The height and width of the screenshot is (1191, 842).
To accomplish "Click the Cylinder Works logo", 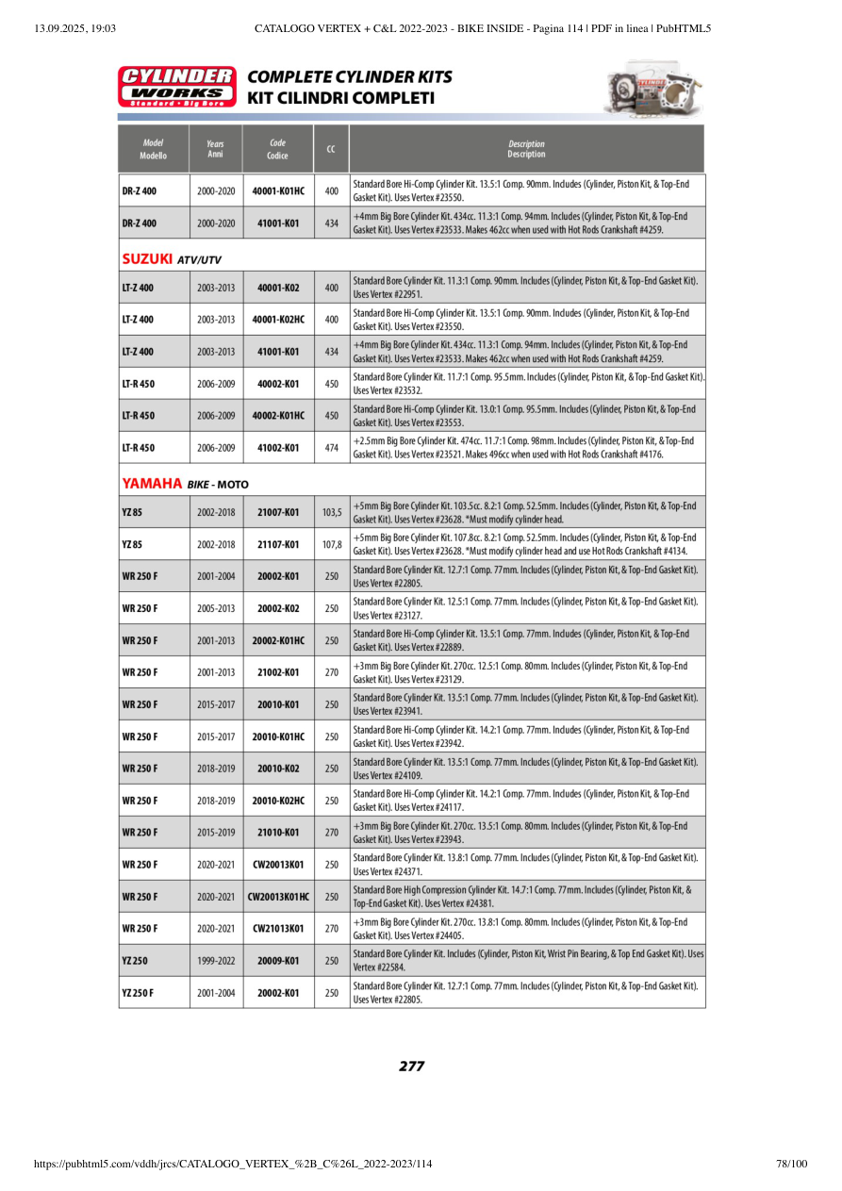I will [176, 86].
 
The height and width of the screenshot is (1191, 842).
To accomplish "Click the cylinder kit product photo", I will [653, 89].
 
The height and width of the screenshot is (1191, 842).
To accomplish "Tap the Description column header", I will [526, 149].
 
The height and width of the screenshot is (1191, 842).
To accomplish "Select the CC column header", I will [331, 149].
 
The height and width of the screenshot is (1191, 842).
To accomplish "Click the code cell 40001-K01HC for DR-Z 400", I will [278, 191].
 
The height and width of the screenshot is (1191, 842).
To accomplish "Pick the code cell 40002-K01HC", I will [278, 416].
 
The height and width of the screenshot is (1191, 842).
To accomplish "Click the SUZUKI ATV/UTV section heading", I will [172, 258].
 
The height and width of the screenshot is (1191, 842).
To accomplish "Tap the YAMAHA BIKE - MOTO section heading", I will [185, 484].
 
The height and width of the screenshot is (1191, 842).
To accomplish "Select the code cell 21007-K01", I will [278, 513].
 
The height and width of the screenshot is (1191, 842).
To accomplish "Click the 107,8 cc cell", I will [331, 545].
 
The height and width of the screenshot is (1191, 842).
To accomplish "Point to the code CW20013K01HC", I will [278, 897].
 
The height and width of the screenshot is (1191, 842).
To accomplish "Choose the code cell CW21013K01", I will [278, 929].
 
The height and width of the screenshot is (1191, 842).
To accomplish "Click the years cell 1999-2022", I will [216, 961].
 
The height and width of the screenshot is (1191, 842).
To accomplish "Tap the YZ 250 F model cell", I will [138, 993].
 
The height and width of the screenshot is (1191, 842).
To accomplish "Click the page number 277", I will [411, 1067].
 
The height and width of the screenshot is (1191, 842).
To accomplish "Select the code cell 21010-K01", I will [278, 833].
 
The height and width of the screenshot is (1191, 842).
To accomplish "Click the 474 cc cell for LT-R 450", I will [331, 448].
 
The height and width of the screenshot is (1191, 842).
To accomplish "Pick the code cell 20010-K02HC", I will [278, 801].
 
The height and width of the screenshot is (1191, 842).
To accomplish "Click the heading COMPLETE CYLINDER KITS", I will [349, 77].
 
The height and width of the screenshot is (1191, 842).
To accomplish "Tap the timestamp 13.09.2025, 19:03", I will [74, 28].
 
